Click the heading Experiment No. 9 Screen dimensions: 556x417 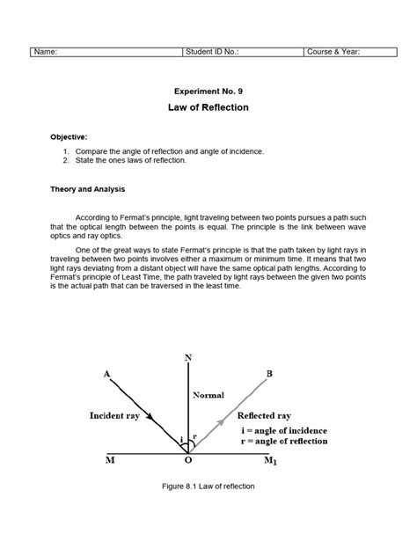pos(208,90)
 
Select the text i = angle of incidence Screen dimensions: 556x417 pos(283,430)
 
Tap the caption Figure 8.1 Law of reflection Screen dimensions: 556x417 pos(208,486)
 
